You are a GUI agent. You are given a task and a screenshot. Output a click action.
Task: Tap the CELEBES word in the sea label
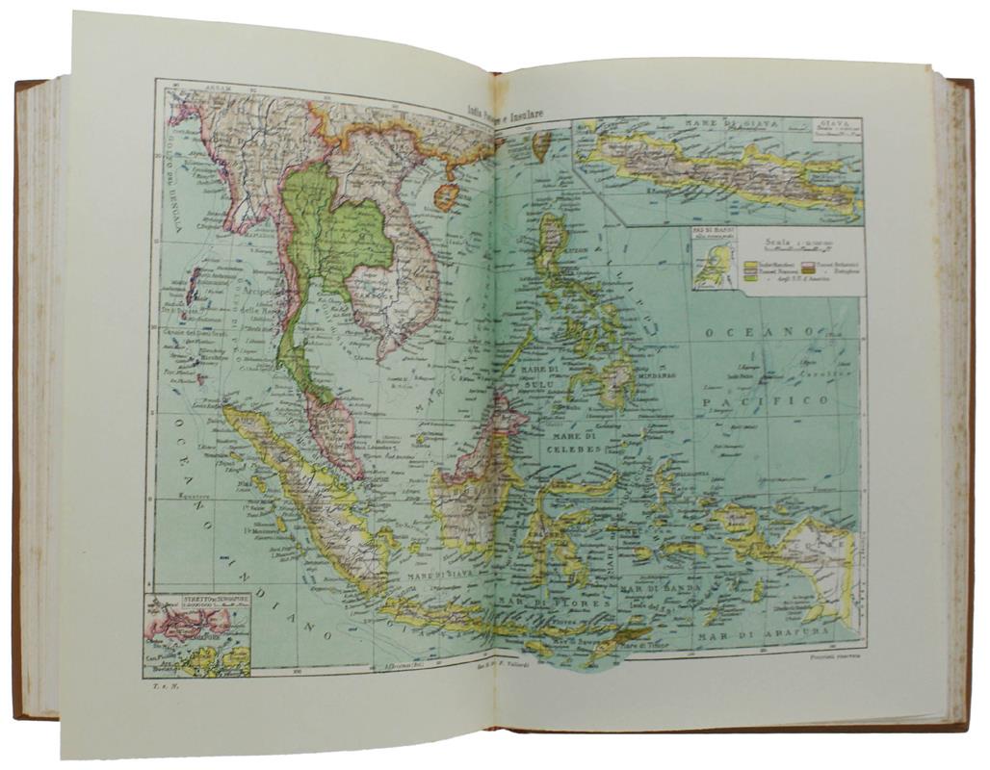pyautogui.click(x=547, y=449)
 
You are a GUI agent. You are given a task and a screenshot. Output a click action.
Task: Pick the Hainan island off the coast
pyautogui.click(x=446, y=197)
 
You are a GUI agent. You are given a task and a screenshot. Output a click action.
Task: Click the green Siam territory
pyautogui.click(x=332, y=231)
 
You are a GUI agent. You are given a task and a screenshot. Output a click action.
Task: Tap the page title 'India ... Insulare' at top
pyautogui.click(x=505, y=113)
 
